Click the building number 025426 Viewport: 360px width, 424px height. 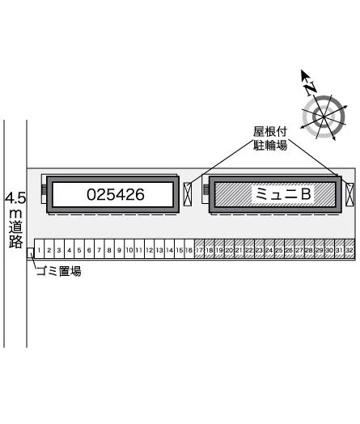click(116, 195)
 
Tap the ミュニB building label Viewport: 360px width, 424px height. click(283, 194)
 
